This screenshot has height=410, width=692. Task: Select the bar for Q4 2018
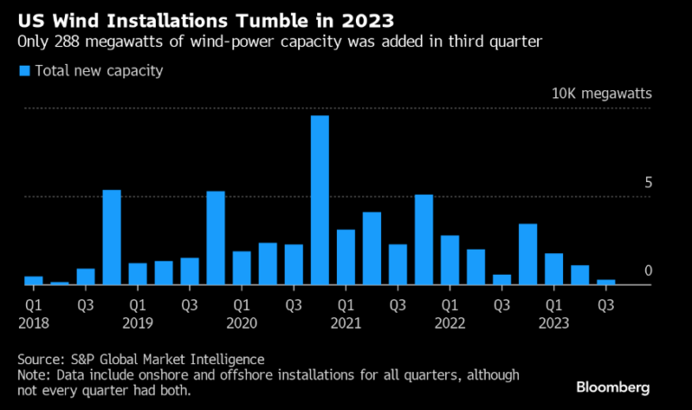click(x=112, y=237)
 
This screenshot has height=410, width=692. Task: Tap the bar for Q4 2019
click(x=215, y=238)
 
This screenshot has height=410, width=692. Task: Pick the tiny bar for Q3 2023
click(x=605, y=282)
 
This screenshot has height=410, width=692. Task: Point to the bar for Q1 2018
click(x=33, y=280)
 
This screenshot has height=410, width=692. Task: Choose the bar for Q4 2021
click(x=423, y=240)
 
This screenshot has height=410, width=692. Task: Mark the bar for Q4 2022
click(x=528, y=254)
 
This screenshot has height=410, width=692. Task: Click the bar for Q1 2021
click(x=346, y=257)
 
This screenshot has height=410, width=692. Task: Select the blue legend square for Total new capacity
click(x=24, y=70)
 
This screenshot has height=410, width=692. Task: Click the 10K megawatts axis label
click(x=601, y=94)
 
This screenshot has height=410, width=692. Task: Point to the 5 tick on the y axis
click(x=646, y=183)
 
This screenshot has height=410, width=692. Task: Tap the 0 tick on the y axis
click(x=646, y=271)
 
